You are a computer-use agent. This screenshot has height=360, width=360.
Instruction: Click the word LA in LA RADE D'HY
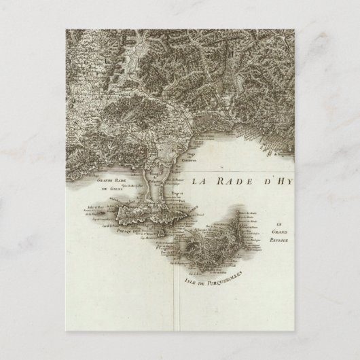pos(198,181)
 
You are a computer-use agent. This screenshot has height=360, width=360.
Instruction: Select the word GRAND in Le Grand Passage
pos(278,232)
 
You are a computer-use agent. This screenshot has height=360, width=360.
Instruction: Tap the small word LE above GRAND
pos(278,224)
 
